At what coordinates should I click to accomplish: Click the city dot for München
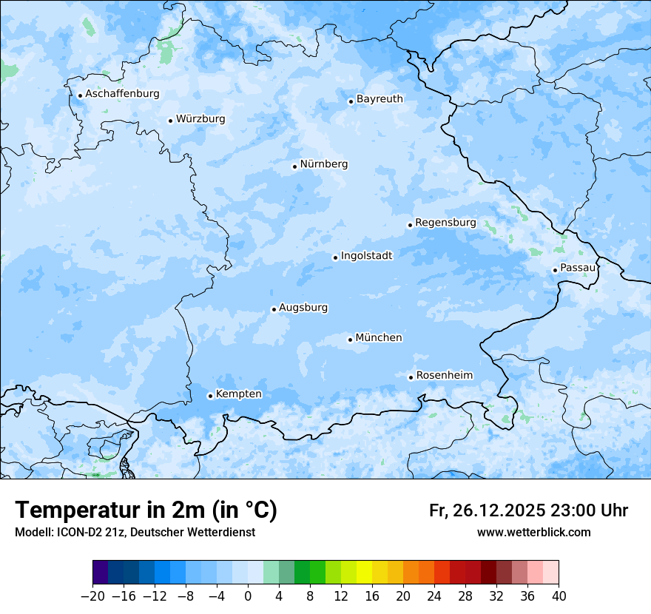[350, 340]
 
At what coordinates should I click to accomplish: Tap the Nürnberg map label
[323, 164]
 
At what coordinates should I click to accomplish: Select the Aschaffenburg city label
[122, 94]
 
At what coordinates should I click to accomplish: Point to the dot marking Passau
[555, 270]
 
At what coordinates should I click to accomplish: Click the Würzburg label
[200, 119]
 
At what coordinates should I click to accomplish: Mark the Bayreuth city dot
[351, 101]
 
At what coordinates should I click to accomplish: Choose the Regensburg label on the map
[445, 223]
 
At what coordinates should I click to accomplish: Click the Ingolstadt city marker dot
[335, 258]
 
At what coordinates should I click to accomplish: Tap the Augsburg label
[303, 308]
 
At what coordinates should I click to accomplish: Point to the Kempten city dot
[210, 396]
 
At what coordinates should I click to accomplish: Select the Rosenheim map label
[444, 376]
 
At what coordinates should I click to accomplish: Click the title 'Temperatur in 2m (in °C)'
[146, 510]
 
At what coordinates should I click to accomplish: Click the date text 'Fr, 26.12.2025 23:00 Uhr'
[528, 510]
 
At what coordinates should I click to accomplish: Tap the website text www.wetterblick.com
[533, 532]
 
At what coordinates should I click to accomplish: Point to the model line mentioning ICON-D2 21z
[135, 532]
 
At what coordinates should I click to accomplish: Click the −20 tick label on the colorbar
[92, 596]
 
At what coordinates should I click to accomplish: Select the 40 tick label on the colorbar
[559, 596]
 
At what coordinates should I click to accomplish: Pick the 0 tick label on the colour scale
[248, 596]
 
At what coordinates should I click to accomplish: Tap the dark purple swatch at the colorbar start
[101, 573]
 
